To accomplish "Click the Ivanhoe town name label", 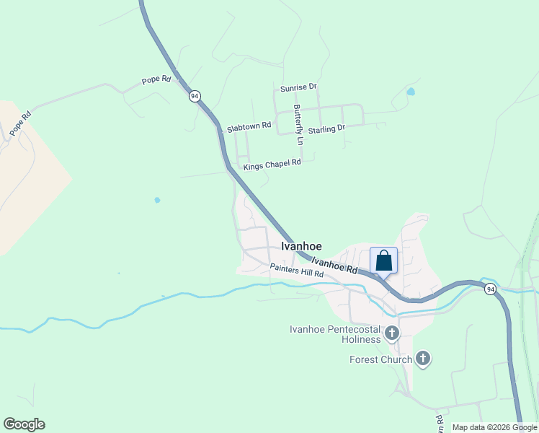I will tap(301, 246).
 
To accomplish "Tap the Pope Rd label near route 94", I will tap(156, 79).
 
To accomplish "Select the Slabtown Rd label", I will tap(249, 127).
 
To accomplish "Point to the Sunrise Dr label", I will tap(299, 87).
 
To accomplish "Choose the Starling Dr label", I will tap(326, 128).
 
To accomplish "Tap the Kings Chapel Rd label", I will tap(272, 165).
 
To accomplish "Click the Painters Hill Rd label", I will tap(297, 271).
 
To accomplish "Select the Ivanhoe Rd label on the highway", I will tap(335, 266).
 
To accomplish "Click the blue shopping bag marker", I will tap(383, 261).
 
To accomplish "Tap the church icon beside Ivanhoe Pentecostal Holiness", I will tap(392, 333).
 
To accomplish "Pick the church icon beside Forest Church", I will tap(423, 358).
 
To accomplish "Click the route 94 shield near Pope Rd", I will tap(195, 96).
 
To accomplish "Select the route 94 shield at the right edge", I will tap(490, 289).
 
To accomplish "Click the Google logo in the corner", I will tap(24, 424).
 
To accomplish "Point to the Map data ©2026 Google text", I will tap(494, 427).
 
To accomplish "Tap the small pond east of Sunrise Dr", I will tap(411, 92).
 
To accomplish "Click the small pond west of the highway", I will tap(157, 200).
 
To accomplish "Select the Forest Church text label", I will tap(380, 359).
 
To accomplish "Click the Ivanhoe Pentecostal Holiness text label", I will tap(334, 334).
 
